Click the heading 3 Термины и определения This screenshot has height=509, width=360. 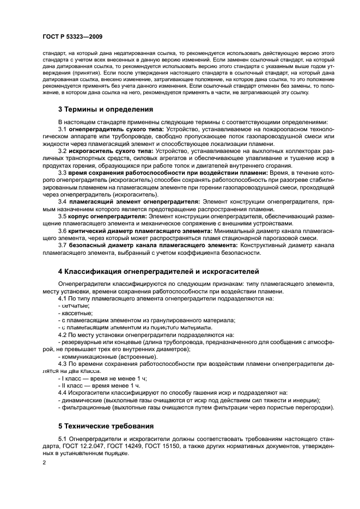pos(105,109)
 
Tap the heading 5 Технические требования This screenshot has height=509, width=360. pos(106,425)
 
